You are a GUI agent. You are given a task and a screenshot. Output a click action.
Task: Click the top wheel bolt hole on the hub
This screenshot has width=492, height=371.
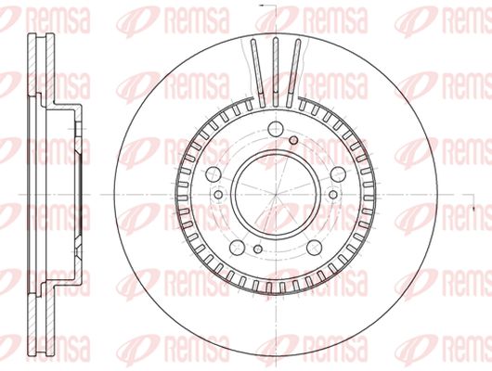(x=276, y=129)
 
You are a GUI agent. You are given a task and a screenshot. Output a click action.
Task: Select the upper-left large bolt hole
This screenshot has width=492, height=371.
(x=213, y=174)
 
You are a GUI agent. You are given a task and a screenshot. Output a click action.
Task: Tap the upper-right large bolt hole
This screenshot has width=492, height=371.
(x=338, y=174)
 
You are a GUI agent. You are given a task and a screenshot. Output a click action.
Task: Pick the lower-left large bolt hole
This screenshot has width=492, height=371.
(x=238, y=248)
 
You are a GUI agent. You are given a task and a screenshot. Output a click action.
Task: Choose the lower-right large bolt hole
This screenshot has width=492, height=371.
(x=315, y=248)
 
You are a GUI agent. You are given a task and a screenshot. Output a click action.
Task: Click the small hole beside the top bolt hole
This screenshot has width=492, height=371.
(x=293, y=140)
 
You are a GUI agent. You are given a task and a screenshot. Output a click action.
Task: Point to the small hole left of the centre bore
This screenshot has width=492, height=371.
(x=218, y=195)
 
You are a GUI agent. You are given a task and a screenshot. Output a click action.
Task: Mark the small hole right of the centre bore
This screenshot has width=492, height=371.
(x=333, y=195)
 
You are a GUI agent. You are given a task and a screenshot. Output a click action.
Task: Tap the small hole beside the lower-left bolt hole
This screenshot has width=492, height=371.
(x=258, y=249)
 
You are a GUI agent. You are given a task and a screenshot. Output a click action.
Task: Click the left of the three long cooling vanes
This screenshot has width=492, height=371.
(x=258, y=72)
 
